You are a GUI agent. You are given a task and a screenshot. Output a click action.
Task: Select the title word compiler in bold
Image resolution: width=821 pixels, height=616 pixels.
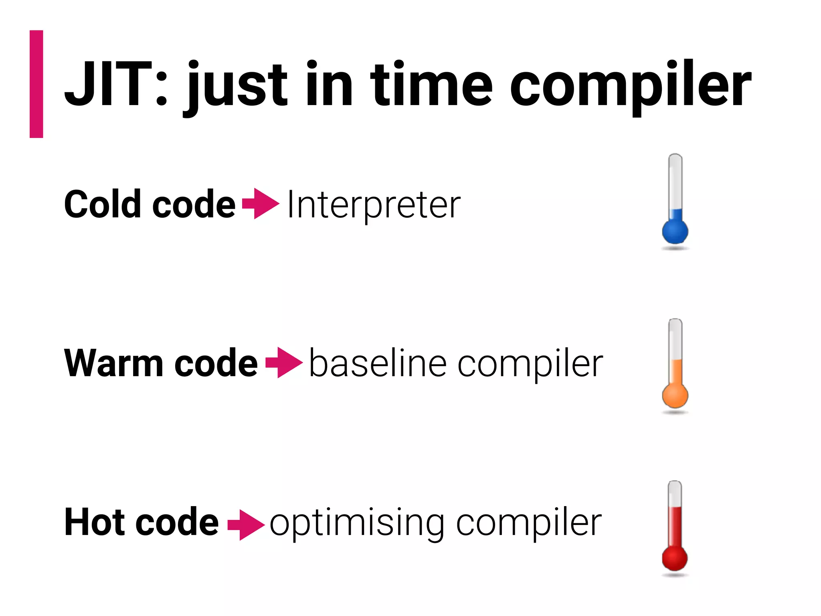pyautogui.click(x=629, y=86)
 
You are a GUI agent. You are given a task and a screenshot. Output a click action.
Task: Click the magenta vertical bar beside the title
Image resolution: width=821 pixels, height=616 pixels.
pyautogui.click(x=36, y=84)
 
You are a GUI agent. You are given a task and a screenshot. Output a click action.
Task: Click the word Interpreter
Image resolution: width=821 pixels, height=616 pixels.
pyautogui.click(x=374, y=205)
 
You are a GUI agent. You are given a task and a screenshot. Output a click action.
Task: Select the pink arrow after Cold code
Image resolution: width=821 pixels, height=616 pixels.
pyautogui.click(x=261, y=204)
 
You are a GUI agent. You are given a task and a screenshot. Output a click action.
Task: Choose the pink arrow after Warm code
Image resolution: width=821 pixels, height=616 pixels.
pyautogui.click(x=284, y=363)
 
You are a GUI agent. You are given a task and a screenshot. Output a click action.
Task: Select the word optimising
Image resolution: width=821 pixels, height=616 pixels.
pyautogui.click(x=357, y=523)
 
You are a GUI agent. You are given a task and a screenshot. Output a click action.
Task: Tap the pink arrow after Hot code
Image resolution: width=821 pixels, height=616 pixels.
pyautogui.click(x=246, y=524)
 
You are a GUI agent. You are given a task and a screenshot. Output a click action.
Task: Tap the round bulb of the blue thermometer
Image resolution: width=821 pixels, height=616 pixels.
pyautogui.click(x=675, y=231)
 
